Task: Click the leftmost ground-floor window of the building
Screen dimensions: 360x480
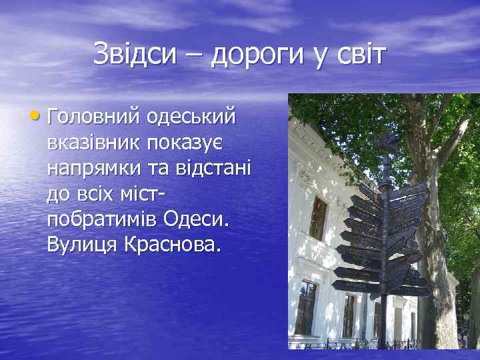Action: click(x=306, y=307)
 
